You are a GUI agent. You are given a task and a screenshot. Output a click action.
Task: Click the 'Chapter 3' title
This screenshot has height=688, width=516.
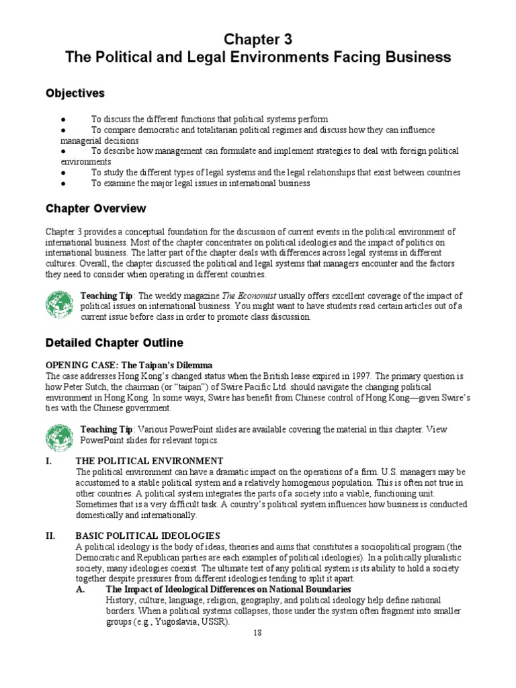[x=258, y=39]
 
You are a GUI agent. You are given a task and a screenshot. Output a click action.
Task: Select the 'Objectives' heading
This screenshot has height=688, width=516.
[x=75, y=93]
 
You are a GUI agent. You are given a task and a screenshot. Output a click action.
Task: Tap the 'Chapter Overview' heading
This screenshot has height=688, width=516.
[x=95, y=209]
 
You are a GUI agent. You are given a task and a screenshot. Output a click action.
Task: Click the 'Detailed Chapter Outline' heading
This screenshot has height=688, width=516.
[x=114, y=343]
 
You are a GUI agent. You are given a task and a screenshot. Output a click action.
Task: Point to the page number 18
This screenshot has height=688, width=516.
[x=258, y=633]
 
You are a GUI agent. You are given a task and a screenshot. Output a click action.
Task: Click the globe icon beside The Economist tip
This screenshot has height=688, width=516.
[x=60, y=305]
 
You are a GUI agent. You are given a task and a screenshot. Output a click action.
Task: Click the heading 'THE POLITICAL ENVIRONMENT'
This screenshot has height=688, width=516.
[x=149, y=461]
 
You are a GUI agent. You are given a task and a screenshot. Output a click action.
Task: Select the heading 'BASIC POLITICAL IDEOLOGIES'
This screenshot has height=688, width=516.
[x=148, y=535]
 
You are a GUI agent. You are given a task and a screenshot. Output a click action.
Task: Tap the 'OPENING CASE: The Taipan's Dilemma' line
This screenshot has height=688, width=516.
[x=127, y=365]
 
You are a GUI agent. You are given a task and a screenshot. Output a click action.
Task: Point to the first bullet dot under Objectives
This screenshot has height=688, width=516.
[x=62, y=119]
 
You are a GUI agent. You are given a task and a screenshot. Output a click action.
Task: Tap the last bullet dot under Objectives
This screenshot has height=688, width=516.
[x=62, y=183]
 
